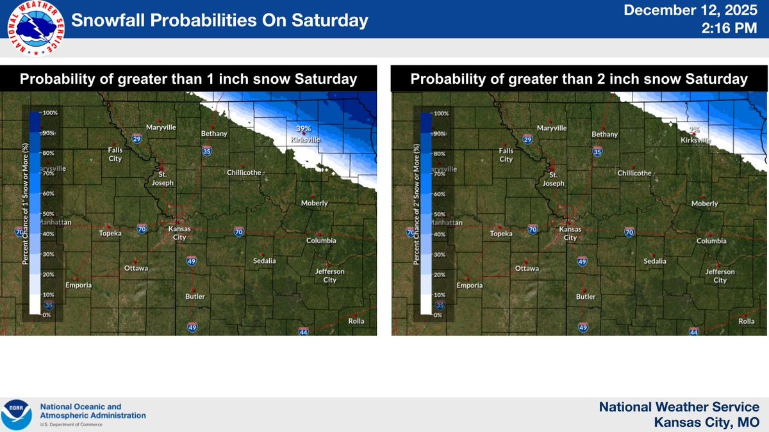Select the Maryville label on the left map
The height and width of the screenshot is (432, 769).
(x=160, y=127)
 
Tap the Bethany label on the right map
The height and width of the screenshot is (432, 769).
(x=605, y=134)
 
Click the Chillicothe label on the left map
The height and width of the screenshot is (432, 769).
(x=244, y=172)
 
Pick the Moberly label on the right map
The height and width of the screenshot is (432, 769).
(x=705, y=204)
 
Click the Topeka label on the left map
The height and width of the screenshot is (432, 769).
(x=110, y=234)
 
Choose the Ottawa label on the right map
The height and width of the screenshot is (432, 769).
(x=527, y=269)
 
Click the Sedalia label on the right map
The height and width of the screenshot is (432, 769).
(x=655, y=261)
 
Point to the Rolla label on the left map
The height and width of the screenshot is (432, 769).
(x=356, y=321)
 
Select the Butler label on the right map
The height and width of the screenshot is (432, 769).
(x=586, y=297)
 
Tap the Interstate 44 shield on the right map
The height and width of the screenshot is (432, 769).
(x=693, y=332)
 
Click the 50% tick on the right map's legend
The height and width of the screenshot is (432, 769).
(x=439, y=214)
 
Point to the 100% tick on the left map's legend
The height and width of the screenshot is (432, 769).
(x=51, y=113)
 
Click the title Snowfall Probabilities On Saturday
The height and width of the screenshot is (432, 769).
(x=220, y=21)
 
